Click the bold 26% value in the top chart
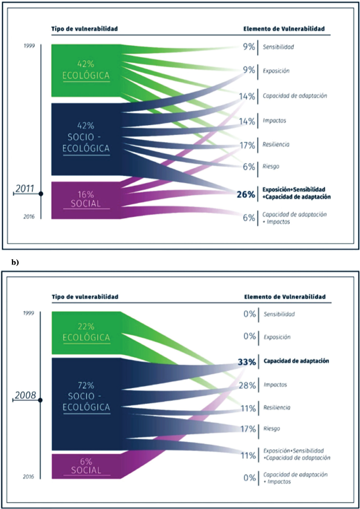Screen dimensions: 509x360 click(x=245, y=194)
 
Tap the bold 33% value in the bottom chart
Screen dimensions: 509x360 click(x=246, y=362)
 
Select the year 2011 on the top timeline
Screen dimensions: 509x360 click(x=24, y=189)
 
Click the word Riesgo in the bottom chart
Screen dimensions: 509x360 click(x=272, y=429)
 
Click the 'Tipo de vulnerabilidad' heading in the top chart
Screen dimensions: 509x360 click(x=84, y=29)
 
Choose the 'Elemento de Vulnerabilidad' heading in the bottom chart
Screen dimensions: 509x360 click(x=284, y=297)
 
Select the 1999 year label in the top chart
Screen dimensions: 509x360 click(x=30, y=45)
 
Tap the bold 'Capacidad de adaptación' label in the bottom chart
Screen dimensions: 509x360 click(x=296, y=362)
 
